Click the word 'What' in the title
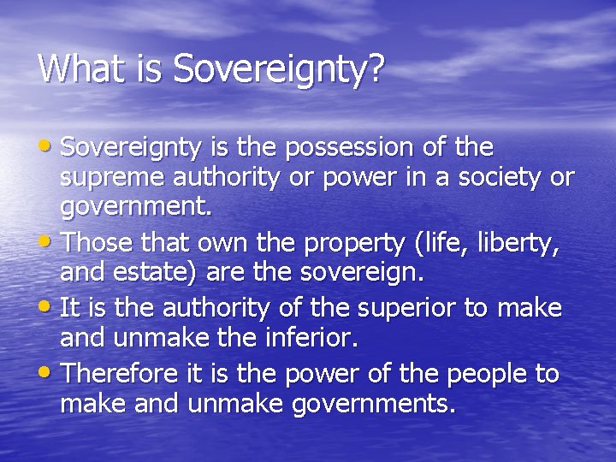click(x=76, y=69)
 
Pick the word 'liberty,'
click(x=525, y=244)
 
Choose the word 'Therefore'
click(x=121, y=374)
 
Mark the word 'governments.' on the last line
click(x=374, y=404)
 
